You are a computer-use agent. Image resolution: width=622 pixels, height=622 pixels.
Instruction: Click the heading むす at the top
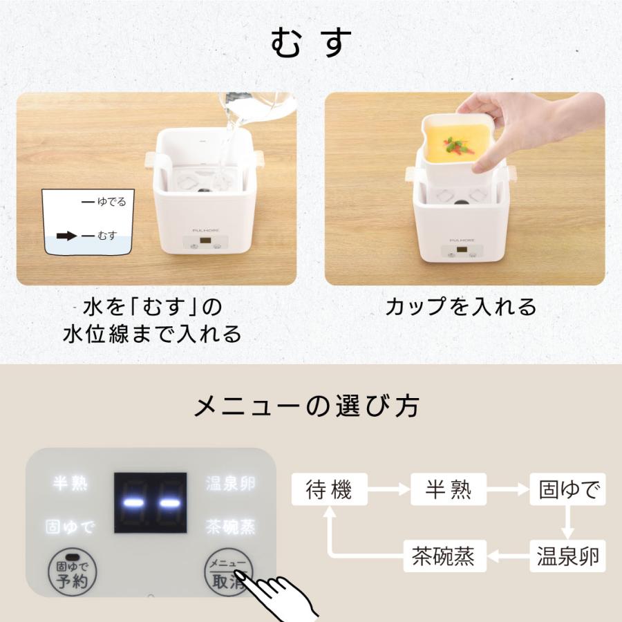point(311,44)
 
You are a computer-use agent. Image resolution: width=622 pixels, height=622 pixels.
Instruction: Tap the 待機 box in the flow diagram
point(330,490)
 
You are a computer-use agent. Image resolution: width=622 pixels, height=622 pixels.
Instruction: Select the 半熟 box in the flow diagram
point(449,490)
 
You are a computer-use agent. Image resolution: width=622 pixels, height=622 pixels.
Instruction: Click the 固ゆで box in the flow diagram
point(567,490)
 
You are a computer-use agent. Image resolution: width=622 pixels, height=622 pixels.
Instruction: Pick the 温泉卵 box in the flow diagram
point(567,555)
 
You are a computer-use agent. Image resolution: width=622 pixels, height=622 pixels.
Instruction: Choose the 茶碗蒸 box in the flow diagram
point(444,555)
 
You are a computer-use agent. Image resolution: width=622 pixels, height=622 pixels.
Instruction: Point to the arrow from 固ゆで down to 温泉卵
point(567,523)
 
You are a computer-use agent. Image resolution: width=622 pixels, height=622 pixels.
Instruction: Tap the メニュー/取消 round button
point(228,573)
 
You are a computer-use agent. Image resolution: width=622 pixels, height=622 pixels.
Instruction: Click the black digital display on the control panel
point(150,502)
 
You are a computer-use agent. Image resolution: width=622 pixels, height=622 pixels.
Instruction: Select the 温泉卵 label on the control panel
point(230,483)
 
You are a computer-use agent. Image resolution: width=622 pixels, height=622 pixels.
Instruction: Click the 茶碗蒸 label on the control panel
point(230,527)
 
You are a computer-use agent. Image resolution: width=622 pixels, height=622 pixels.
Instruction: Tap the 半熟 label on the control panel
point(70,483)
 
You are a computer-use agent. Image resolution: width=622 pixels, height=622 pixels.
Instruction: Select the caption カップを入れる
point(461,306)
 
